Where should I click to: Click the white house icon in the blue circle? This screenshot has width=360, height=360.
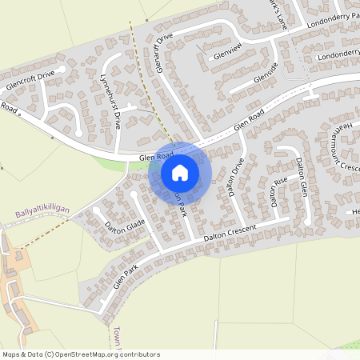pos(180,171)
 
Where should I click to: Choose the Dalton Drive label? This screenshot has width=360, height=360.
pos(237,177)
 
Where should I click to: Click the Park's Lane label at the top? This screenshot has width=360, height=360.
pos(276,14)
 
